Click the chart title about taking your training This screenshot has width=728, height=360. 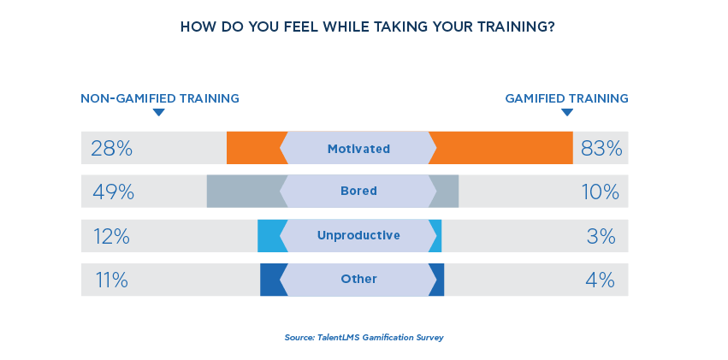pyautogui.click(x=367, y=27)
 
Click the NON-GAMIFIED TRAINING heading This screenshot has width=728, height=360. pyautogui.click(x=160, y=98)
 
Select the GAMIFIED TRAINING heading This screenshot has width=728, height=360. pyautogui.click(x=566, y=98)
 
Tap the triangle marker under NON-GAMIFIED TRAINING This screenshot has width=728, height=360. pyautogui.click(x=158, y=113)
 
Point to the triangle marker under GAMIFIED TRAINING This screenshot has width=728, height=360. pyautogui.click(x=566, y=113)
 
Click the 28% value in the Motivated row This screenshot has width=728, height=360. pyautogui.click(x=112, y=149)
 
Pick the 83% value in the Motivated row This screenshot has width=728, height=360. pyautogui.click(x=601, y=149)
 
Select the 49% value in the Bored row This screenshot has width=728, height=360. pyautogui.click(x=113, y=192)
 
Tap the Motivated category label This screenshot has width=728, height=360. pyautogui.click(x=358, y=149)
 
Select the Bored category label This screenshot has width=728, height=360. pyautogui.click(x=358, y=192)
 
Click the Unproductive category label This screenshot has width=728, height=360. pyautogui.click(x=358, y=235)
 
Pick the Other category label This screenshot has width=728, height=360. pyautogui.click(x=358, y=280)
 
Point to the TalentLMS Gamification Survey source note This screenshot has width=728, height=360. pyautogui.click(x=364, y=338)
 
